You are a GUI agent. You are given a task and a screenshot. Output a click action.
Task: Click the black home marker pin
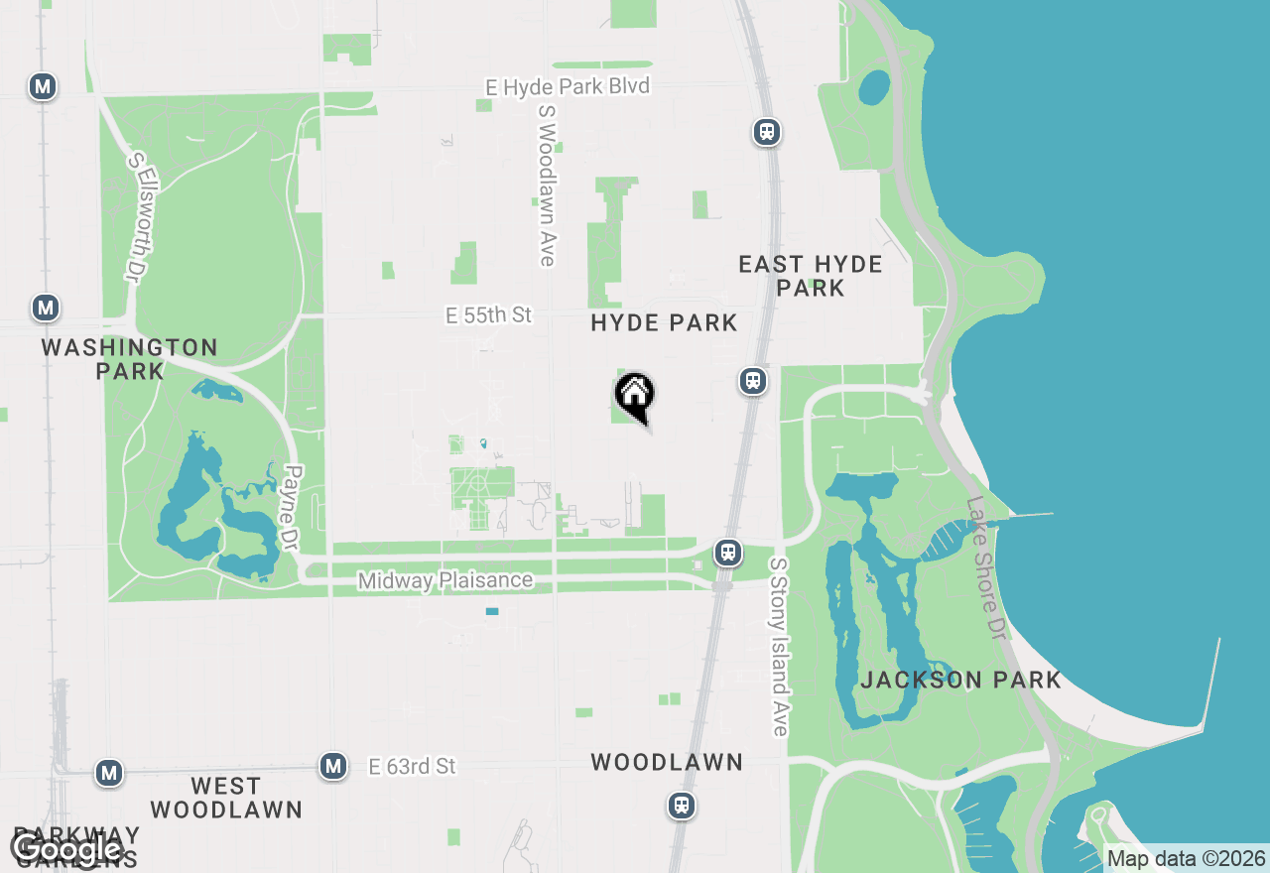coord(635,397)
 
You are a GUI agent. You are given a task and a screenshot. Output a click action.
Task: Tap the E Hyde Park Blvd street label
coord(568,87)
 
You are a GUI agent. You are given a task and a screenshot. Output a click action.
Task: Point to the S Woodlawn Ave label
coord(546,186)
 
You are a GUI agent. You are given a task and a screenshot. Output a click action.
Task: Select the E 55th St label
coord(489,315)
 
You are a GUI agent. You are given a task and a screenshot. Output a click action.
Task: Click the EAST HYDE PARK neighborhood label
coord(811,276)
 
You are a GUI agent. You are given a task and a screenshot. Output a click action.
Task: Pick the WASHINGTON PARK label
coord(130,359)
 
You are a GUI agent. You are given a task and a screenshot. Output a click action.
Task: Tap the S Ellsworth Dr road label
coord(136,215)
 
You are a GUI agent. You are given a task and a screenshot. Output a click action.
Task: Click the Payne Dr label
coord(291,509)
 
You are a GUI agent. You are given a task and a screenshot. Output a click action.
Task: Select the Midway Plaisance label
coord(445,580)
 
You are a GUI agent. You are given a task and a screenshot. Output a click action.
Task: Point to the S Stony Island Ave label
coord(779,646)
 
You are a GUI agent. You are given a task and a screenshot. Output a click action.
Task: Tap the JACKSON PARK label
coord(961,680)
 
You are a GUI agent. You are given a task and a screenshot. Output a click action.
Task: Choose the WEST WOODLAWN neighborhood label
coord(226,798)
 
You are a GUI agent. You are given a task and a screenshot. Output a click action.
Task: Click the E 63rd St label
coord(413,766)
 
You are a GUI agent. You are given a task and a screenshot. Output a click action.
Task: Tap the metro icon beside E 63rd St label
coord(333,766)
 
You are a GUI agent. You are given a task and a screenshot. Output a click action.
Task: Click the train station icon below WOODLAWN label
coord(682,805)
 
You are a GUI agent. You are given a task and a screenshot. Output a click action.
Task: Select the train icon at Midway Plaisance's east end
coord(728,552)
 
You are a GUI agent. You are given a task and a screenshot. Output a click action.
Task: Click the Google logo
coord(66,849)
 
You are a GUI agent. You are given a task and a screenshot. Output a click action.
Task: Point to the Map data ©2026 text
coord(1187,859)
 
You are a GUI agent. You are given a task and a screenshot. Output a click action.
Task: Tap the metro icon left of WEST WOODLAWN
coord(109,772)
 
